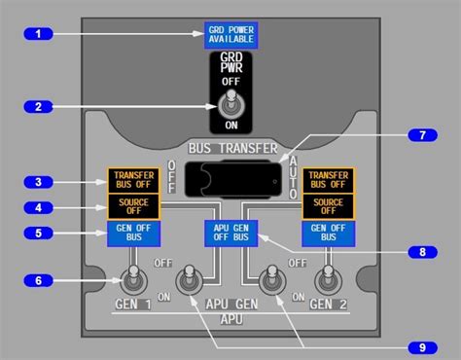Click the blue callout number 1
pos(39,34)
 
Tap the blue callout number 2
pos(39,106)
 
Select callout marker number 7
pos(422,134)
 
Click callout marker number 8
pos(422,251)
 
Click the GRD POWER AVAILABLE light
pos(230,36)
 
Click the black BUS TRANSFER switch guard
pos(230,179)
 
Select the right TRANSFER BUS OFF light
pos(329,180)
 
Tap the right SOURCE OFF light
pos(329,206)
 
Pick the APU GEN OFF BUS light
pos(230,234)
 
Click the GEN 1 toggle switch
pos(130,282)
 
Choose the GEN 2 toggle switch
pos(330,281)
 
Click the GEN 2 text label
pos(328,304)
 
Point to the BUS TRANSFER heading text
pos(230,148)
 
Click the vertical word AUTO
pos(292,175)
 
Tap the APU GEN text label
pos(230,304)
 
